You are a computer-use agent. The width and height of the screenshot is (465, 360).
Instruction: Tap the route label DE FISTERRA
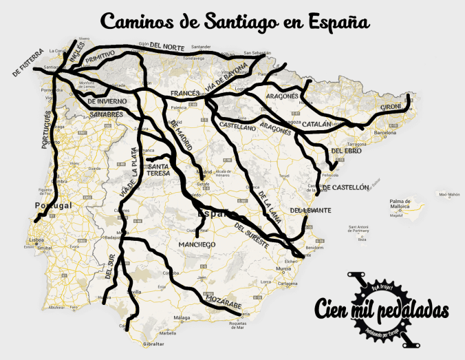click(x=28, y=62)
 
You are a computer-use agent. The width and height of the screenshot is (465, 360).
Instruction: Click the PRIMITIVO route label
click(x=100, y=59)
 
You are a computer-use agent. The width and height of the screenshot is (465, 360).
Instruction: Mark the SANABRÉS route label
click(x=106, y=114)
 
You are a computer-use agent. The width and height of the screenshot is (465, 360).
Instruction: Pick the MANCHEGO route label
click(x=197, y=244)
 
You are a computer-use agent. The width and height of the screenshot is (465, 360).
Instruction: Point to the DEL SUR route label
click(x=111, y=266)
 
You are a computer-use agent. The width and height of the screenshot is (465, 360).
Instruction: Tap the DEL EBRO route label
click(x=346, y=151)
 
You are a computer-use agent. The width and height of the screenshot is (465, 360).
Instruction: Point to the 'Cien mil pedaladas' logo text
click(x=382, y=310)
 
